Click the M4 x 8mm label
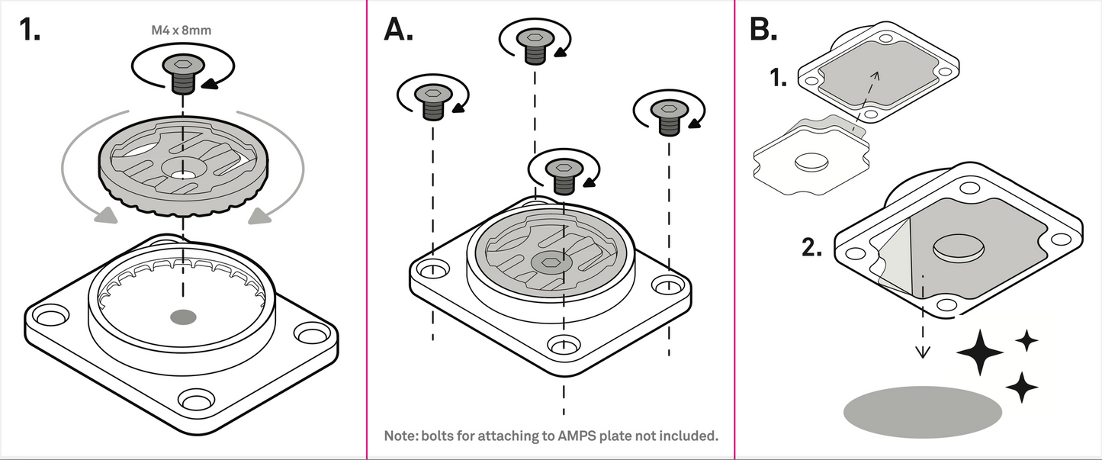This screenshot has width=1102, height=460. (182, 31)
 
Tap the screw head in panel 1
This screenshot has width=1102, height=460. (182, 66)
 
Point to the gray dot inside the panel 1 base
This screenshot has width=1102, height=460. (183, 316)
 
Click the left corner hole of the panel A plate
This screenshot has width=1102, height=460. (433, 270)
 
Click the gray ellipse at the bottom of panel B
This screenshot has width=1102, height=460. (922, 412)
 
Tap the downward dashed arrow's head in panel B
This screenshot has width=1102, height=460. (923, 352)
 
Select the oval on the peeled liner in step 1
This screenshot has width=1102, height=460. (814, 162)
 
